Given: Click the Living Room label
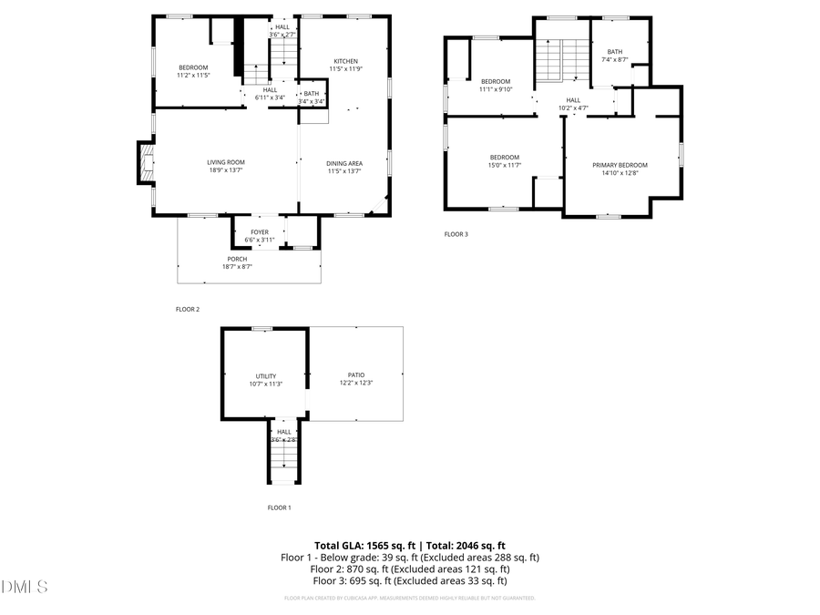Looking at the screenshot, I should point(225,162).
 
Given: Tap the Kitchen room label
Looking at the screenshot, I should point(345,61).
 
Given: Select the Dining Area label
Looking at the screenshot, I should point(344,163).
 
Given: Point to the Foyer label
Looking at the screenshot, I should point(260,232).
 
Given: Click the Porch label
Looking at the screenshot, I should point(237,259).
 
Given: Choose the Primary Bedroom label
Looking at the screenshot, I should point(620,165).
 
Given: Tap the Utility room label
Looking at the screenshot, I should point(265,375).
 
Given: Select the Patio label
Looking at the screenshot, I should point(356,374).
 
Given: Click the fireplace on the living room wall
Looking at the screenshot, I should point(144,163).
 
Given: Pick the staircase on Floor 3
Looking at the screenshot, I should point(562,61).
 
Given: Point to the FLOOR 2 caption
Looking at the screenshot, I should point(187,310).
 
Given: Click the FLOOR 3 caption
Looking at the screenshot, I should point(456,234).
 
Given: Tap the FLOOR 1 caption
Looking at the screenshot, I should point(279,507).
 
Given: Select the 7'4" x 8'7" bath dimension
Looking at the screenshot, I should point(615,59).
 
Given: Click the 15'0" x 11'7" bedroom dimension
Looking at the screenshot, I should point(504,165).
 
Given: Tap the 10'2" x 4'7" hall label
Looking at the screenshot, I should point(573,108).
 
